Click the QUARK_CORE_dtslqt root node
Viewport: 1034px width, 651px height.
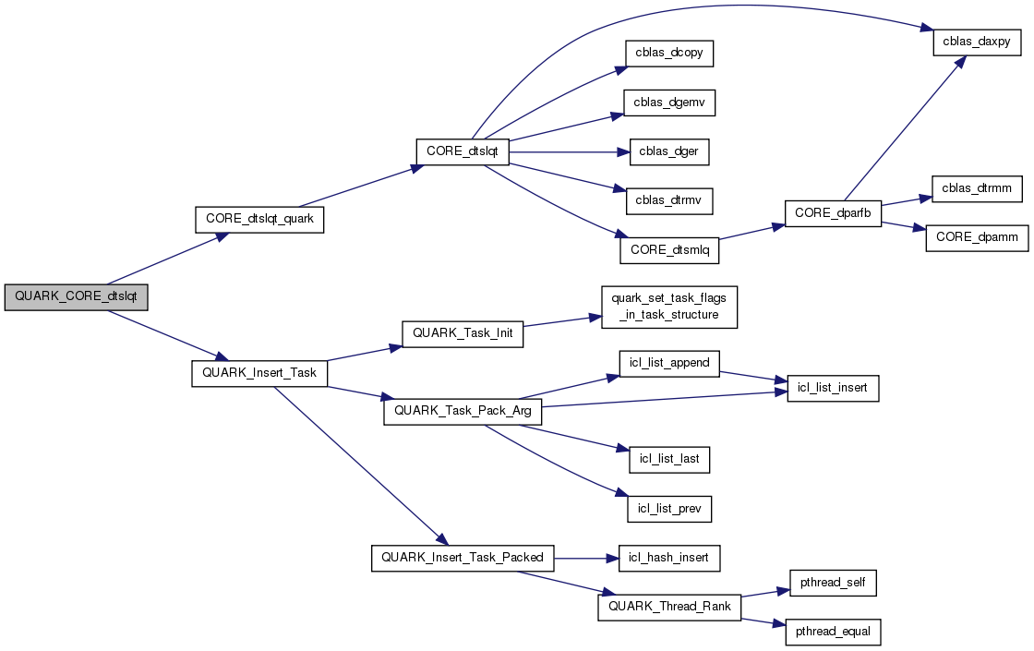(77, 298)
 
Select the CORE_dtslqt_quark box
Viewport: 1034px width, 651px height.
(259, 220)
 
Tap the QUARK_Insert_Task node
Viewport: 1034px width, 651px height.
(259, 373)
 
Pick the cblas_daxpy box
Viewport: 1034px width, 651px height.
(977, 42)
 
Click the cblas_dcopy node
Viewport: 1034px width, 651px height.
(669, 53)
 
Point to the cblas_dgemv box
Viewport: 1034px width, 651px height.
(669, 102)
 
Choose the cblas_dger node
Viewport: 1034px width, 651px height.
(669, 152)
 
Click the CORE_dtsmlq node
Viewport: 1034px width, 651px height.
(668, 249)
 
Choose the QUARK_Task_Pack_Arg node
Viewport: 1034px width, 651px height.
(463, 411)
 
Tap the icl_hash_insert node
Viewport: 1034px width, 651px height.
(668, 558)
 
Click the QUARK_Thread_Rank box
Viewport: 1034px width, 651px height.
(669, 607)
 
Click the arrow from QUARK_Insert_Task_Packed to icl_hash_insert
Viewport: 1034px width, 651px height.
(585, 558)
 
